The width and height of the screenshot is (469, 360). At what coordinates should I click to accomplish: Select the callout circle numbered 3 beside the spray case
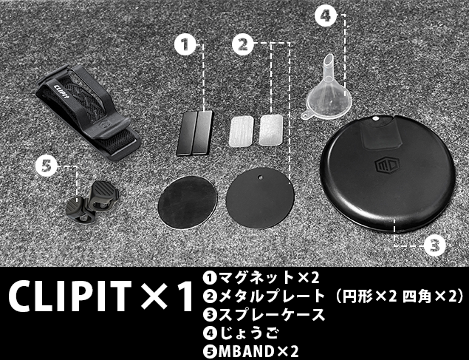[x=435, y=245]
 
